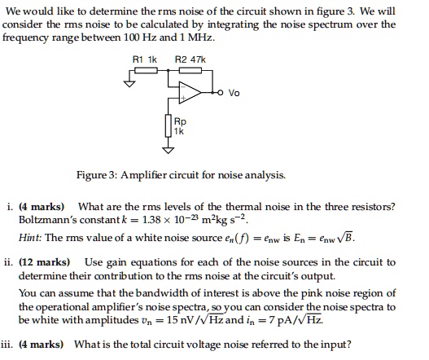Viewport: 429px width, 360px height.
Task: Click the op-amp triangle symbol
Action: tap(191, 91)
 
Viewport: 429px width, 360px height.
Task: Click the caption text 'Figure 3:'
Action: tap(98, 175)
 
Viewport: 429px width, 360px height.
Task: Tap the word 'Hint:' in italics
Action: tap(31, 238)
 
